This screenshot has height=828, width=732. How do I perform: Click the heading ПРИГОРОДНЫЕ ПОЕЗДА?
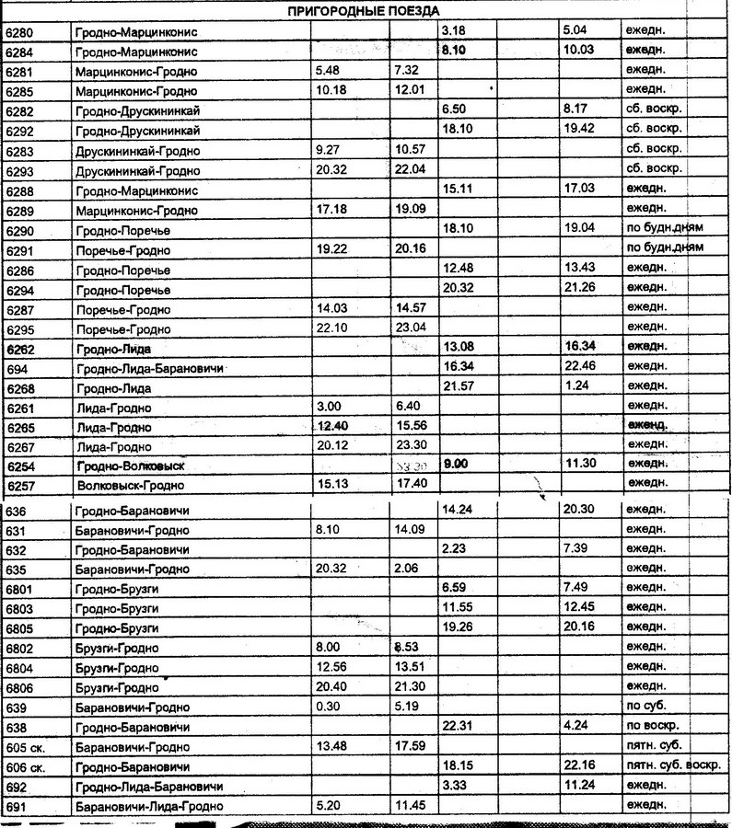coord(365,10)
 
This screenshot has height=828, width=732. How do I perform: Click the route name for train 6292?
coord(139,130)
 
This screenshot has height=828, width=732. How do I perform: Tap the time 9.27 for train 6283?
coord(330,149)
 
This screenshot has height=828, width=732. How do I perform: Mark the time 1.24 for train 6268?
coord(575,387)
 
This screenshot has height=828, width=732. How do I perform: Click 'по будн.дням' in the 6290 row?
coord(664,228)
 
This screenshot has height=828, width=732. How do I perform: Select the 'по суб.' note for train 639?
coord(648,707)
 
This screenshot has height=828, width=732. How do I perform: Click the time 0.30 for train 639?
coord(328,707)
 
